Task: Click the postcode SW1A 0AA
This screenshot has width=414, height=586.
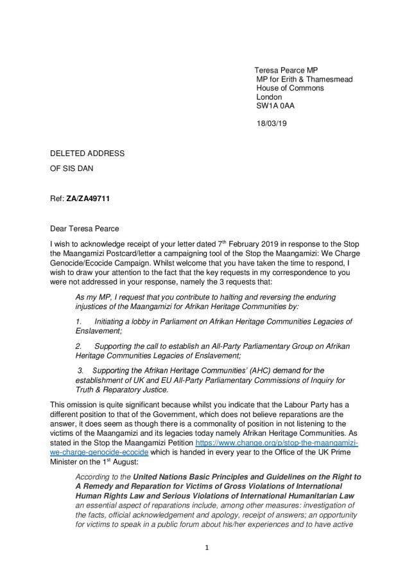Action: [275, 106]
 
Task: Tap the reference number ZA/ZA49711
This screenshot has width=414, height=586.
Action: [88, 199]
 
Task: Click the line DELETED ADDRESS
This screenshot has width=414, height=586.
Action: [87, 154]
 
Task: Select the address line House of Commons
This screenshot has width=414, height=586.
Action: [289, 88]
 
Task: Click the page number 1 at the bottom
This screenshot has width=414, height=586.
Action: [207, 548]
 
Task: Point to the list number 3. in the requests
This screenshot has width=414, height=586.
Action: [81, 371]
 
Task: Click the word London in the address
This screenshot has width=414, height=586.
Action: [269, 97]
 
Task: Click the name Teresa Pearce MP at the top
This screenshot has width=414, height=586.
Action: [286, 70]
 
